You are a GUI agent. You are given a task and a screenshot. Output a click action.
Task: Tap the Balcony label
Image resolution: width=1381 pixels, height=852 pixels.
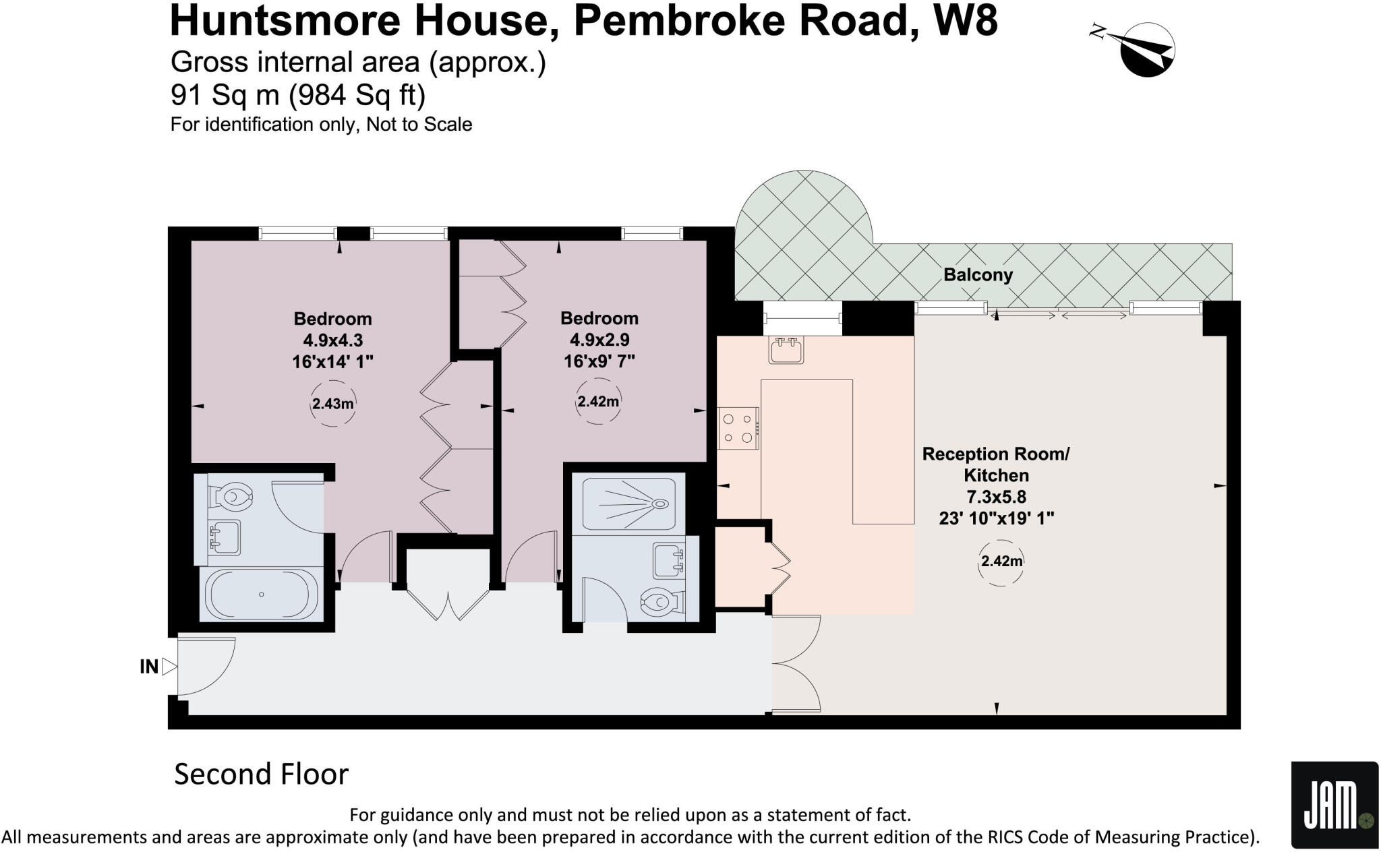point(978,275)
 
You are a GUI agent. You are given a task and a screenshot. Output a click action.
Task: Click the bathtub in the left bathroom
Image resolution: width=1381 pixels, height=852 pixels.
point(262,595)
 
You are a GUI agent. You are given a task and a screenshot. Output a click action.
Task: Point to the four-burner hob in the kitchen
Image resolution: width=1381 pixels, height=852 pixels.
point(738,428)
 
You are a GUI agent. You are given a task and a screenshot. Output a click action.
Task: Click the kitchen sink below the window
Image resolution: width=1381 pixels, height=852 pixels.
point(786,351)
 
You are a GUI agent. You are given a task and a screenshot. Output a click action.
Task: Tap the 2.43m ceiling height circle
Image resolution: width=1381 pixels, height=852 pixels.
point(332,404)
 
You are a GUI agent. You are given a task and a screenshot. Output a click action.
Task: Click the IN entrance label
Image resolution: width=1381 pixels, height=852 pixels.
point(149,667)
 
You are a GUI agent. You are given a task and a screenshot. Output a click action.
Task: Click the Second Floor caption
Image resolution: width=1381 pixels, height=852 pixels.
point(261,774)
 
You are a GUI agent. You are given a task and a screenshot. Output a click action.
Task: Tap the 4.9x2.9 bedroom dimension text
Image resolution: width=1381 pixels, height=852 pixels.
point(599,340)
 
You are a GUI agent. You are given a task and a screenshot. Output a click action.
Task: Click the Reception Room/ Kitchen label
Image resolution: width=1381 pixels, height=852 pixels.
point(996,464)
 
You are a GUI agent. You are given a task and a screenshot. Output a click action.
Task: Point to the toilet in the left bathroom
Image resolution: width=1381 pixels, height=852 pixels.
point(231,497)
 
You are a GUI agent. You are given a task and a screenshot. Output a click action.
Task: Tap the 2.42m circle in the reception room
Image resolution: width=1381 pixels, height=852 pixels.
point(1001,561)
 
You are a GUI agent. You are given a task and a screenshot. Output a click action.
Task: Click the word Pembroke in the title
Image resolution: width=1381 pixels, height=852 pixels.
point(679,20)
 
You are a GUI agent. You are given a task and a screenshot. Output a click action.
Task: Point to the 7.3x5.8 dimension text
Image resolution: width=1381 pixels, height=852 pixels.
point(996,497)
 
